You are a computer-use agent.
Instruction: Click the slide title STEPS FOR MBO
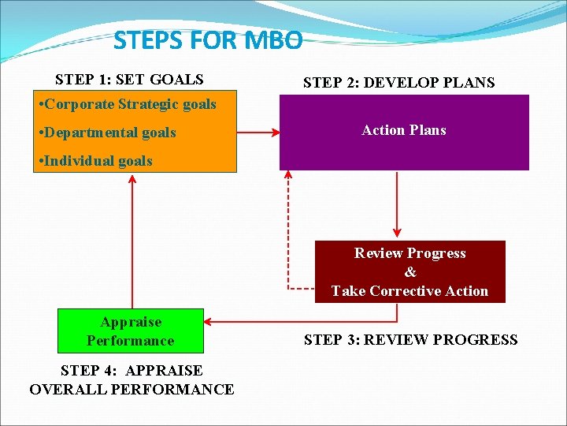(207, 39)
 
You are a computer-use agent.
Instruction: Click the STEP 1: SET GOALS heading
(129, 80)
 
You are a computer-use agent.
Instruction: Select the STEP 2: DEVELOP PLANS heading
(399, 83)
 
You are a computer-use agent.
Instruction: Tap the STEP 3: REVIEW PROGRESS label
(410, 340)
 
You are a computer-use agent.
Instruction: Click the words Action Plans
(403, 130)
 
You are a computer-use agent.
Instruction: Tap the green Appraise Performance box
(131, 331)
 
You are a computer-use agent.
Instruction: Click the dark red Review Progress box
(409, 272)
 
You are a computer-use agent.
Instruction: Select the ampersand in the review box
(410, 272)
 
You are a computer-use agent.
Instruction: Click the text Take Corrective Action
(409, 291)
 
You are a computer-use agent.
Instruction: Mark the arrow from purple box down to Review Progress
(397, 205)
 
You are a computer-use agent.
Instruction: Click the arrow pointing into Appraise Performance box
(299, 322)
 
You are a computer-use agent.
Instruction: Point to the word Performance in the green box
(131, 341)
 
